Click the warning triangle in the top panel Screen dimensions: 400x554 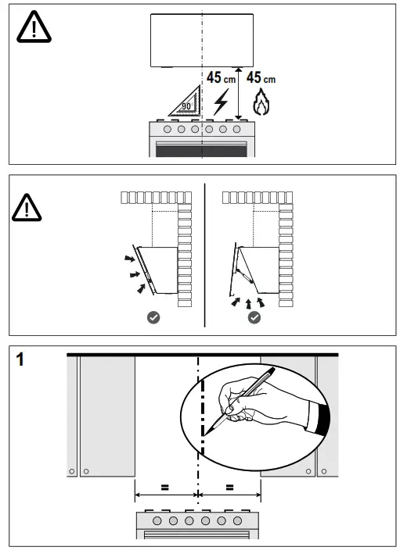pos(34,27)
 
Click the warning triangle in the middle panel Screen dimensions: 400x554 pos(27,208)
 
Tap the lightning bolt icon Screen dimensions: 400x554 pos(222,102)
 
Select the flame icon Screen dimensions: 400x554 pos(261,102)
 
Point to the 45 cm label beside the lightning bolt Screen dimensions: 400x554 pos(222,77)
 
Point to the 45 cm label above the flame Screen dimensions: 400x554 pos(261,77)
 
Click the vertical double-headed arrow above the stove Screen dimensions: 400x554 pos(239,94)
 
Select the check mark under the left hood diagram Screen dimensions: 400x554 pos(153,317)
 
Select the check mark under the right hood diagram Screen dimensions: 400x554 pos(254,317)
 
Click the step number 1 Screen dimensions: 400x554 pos(20,359)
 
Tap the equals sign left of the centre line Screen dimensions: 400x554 pos(164,488)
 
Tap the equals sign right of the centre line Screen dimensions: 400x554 pos(229,488)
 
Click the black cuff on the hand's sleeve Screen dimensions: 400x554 pos(323,419)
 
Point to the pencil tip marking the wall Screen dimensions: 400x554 pos(205,433)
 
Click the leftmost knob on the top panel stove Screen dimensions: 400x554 pos(168,129)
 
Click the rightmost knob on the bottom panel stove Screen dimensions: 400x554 pos(237,520)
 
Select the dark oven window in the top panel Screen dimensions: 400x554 pos(201,151)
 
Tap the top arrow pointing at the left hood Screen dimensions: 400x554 pos(130,259)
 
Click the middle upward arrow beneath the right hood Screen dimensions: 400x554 pos(248,304)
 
